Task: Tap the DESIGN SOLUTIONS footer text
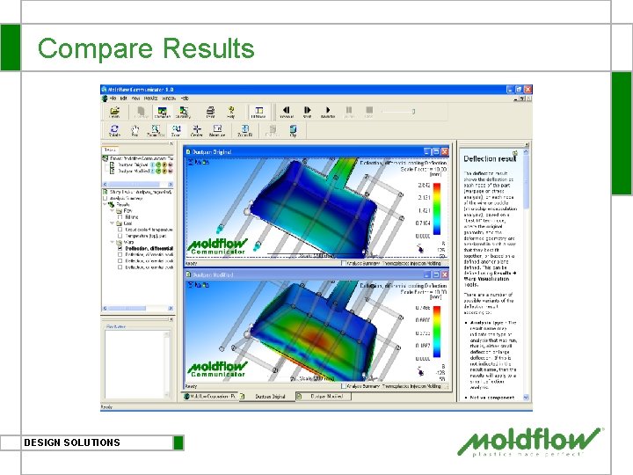(x=72, y=442)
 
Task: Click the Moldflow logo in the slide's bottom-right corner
(x=532, y=442)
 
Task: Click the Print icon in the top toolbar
(x=210, y=111)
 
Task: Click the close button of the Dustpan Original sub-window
(x=448, y=153)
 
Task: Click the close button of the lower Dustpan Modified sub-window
(x=448, y=274)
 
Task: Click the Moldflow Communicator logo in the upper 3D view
(x=217, y=246)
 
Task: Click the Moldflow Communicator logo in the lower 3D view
(x=217, y=369)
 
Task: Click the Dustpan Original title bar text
(x=213, y=153)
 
